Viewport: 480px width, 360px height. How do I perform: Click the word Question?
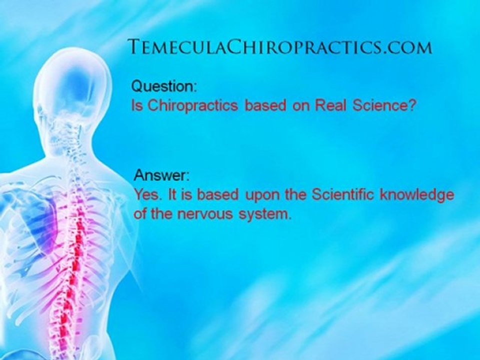coord(164,86)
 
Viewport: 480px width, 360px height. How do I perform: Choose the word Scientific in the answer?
coord(343,195)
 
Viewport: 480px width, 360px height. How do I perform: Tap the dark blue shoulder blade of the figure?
coord(42,220)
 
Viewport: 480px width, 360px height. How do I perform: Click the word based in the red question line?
coord(262,106)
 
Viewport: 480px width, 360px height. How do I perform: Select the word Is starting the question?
coord(136,106)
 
